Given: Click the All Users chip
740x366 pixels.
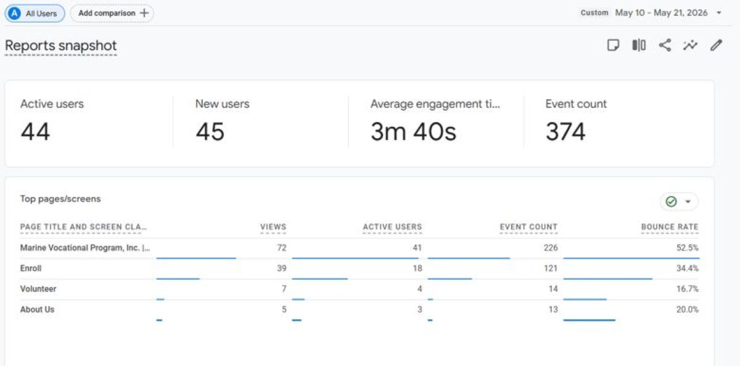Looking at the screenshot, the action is click(x=35, y=14).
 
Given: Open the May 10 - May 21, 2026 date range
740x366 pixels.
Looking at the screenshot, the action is click(x=661, y=13).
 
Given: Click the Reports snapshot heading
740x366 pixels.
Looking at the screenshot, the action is click(x=61, y=46).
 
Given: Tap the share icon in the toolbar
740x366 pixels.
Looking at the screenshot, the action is click(x=665, y=45).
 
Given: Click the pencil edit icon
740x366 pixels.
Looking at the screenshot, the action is click(x=716, y=45).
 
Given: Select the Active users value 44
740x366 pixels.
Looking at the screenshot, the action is click(x=35, y=131).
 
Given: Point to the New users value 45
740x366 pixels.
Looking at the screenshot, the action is click(x=210, y=131).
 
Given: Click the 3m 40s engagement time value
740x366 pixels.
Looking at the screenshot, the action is click(x=413, y=131).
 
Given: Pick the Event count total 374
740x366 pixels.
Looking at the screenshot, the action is click(x=565, y=131).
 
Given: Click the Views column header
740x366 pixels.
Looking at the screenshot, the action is click(x=273, y=227).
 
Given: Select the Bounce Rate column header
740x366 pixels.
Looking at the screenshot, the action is click(x=670, y=227).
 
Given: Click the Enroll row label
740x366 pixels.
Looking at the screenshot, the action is click(x=31, y=268).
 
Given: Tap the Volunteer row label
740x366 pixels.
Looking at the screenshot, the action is click(x=38, y=289).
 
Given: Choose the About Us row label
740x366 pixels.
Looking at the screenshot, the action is click(x=38, y=309).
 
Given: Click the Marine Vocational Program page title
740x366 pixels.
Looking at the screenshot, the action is click(x=85, y=248).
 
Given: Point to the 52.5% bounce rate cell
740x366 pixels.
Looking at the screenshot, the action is click(x=688, y=248).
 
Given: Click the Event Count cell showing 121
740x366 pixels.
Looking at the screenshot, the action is click(x=551, y=268).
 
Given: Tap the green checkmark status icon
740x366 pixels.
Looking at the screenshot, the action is click(x=672, y=201).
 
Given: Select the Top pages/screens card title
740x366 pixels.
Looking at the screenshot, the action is click(x=60, y=199).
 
